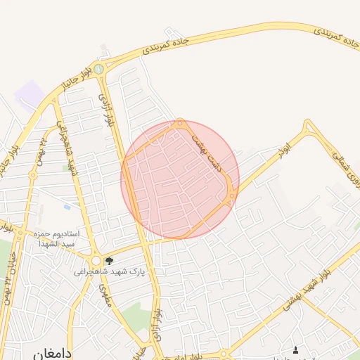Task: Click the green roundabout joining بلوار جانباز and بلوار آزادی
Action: (99, 69)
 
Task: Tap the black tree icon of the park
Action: (108, 261)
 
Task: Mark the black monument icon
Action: (295, 349)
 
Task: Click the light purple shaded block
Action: (29, 94)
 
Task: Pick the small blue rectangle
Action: (67, 207)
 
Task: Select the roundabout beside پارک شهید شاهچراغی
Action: (96, 261)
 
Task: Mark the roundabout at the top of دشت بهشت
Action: (181, 124)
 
